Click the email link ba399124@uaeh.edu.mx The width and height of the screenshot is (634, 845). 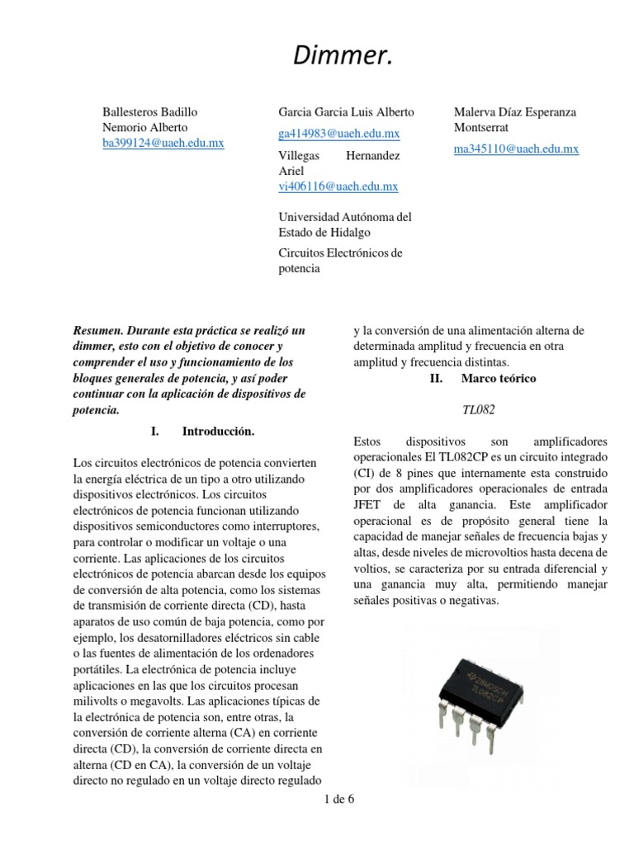(163, 143)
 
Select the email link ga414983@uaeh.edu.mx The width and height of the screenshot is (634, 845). (338, 134)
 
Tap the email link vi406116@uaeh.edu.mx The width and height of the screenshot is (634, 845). (338, 186)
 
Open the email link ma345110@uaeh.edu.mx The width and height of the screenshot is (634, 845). (516, 149)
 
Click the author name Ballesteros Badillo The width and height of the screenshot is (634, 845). (149, 111)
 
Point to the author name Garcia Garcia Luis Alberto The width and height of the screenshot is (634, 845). (347, 111)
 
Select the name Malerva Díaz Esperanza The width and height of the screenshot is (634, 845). (515, 111)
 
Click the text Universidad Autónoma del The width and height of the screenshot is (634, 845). (345, 216)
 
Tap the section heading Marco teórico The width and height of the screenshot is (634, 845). (498, 378)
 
